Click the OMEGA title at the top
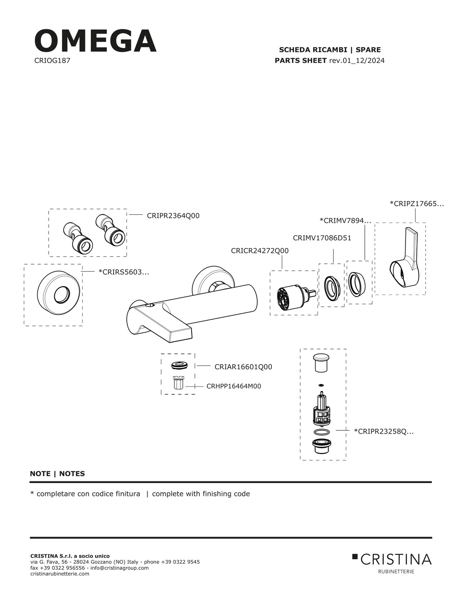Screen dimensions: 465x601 pos(95,41)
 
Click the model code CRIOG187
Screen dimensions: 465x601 pos(52,60)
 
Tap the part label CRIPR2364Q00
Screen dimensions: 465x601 pos(173,216)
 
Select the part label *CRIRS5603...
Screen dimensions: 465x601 pos(124,272)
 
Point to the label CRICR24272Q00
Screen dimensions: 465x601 pos(260,250)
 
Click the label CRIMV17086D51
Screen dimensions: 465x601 pos(322,238)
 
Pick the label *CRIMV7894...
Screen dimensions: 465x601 pos(345,221)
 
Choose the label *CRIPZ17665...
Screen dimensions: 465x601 pos(417,204)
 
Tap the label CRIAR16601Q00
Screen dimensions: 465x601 pos(243,367)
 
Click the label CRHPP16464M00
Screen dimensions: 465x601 pos(234,386)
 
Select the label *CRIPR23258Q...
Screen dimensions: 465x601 pos(384,432)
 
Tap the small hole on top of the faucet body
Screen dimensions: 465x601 pos(150,305)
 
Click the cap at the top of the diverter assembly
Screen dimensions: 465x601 pos(321,362)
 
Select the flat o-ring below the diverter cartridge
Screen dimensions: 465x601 pos(322,432)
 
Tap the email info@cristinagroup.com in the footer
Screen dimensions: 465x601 pos(119,568)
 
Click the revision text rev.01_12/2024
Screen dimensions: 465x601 pos(356,60)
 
